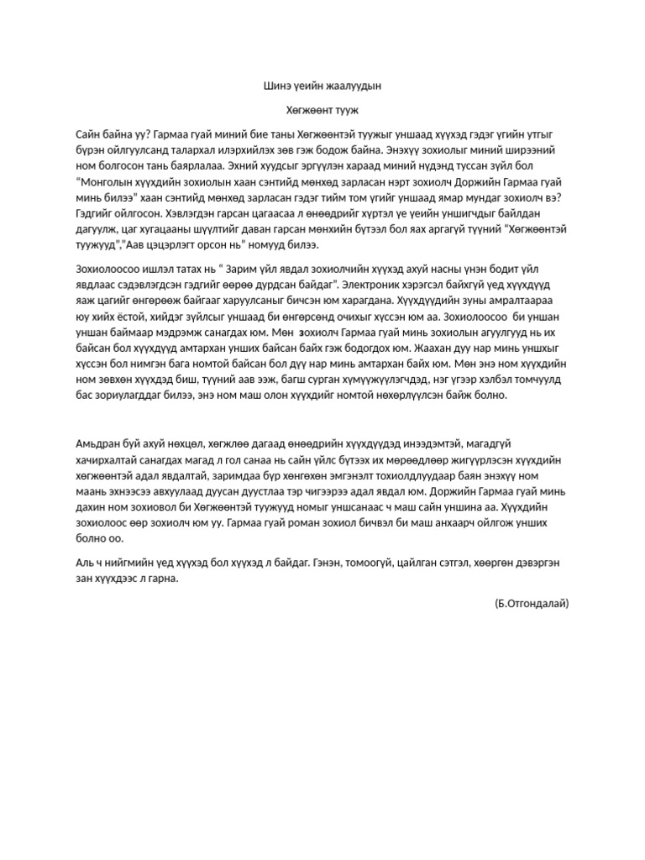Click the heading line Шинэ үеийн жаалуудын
point(322,86)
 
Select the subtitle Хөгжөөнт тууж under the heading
point(322,110)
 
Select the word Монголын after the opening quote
point(107,181)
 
